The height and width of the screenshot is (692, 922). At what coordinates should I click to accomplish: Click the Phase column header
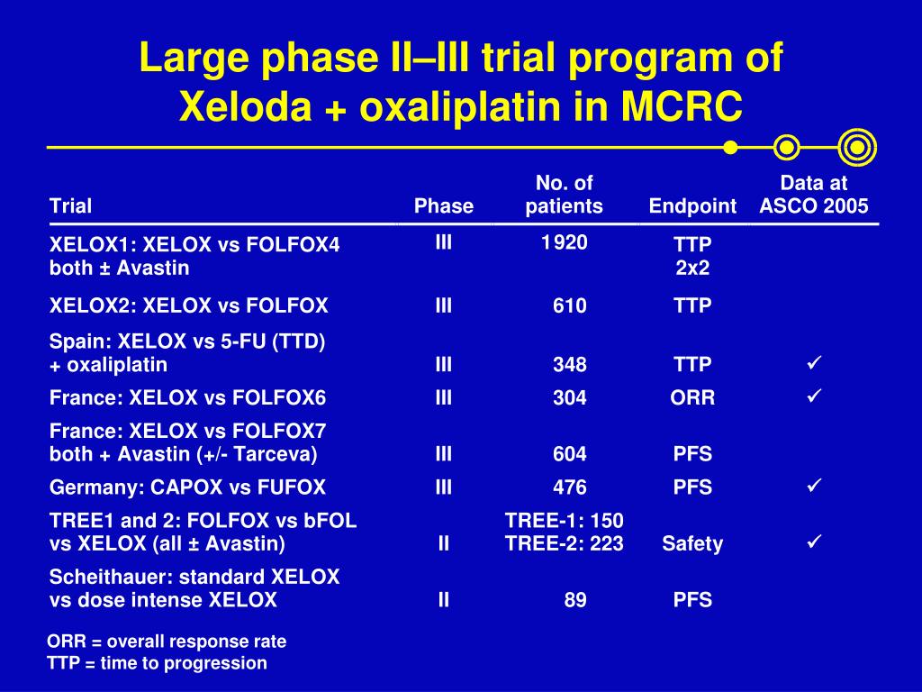(443, 206)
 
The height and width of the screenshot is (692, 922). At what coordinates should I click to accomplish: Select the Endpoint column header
(692, 206)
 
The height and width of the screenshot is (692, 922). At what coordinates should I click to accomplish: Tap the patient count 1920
(564, 242)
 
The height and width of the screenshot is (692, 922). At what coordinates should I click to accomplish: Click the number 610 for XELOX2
(569, 305)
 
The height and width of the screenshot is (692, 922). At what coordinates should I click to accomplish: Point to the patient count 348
(569, 364)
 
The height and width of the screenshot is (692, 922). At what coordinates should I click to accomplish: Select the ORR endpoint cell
(692, 397)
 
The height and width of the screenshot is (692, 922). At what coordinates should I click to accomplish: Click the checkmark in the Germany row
(814, 486)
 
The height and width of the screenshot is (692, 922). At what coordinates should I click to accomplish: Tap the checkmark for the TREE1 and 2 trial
(814, 541)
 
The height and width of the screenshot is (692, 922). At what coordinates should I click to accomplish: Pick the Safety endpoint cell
(692, 543)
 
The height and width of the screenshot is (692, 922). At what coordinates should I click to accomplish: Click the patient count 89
(575, 599)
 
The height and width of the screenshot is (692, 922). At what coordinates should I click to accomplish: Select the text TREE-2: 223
(564, 543)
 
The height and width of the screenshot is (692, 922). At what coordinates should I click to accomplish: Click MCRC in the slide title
(682, 106)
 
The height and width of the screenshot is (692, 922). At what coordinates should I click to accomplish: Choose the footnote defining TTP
(157, 663)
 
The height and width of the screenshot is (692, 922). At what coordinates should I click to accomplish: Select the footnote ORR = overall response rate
(167, 642)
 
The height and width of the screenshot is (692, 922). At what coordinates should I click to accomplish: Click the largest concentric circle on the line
(857, 147)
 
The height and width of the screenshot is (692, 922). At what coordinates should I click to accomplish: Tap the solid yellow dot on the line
(730, 147)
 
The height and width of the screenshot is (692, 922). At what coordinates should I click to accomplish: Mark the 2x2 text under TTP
(692, 268)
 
